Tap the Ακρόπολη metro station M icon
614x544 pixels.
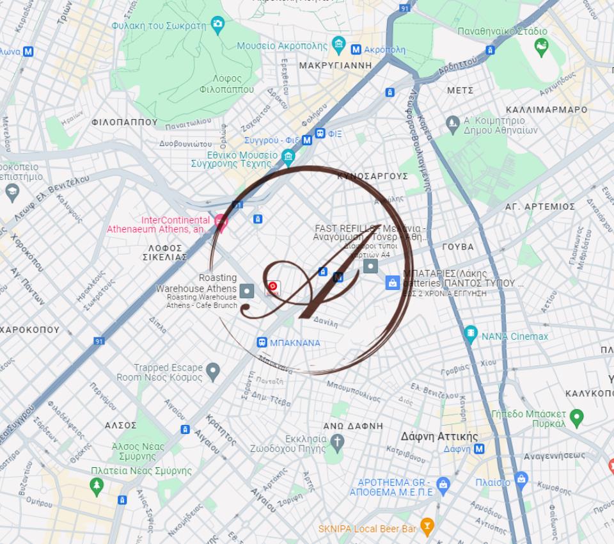coord(356,49)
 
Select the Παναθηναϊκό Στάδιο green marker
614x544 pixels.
coord(541,46)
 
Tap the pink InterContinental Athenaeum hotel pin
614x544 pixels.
coord(221,222)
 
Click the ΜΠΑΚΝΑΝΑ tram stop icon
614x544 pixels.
coord(262,342)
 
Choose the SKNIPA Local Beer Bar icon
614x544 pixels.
coord(427,527)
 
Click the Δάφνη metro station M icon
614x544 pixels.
coord(478,449)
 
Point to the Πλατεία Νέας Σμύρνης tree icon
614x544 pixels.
coord(97,486)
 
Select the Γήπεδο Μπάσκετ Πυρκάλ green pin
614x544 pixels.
coord(576,418)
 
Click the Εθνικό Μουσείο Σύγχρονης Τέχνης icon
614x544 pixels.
coord(288,156)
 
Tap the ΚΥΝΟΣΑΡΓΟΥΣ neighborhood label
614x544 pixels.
coord(372,176)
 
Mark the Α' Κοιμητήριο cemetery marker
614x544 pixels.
coord(453,123)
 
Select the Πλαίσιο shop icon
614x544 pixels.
coord(521,479)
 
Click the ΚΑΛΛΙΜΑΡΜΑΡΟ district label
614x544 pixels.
coord(546,109)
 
